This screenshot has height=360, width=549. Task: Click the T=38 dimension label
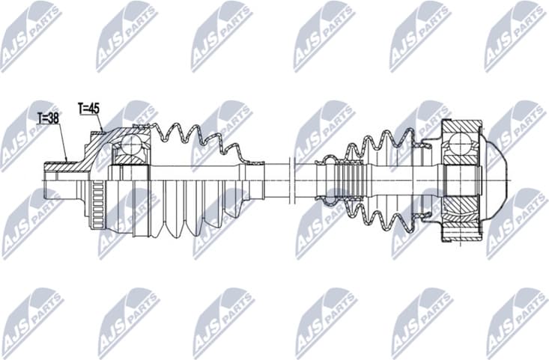click(x=48, y=118)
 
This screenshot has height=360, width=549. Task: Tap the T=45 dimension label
click(x=88, y=108)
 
